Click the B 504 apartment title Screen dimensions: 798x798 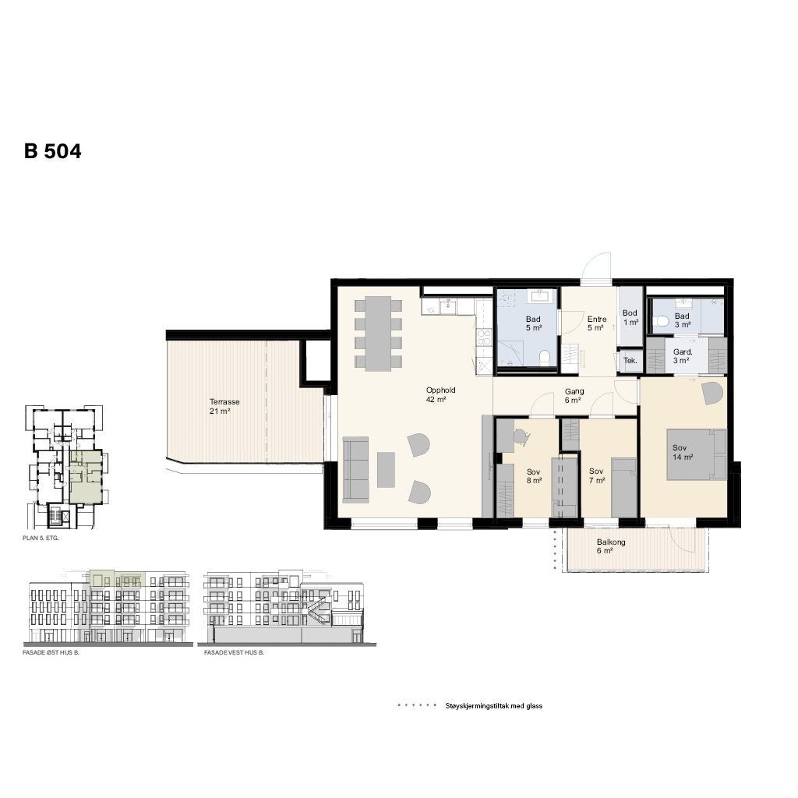pos(52,151)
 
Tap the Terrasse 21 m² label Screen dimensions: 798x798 pos(224,406)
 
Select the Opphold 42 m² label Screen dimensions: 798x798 pos(440,394)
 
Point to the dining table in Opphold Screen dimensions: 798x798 pos(379,333)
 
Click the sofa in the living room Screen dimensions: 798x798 pos(356,469)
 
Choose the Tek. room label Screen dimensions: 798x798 pos(630,361)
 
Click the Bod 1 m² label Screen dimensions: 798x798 pos(630,317)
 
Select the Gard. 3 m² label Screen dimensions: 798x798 pos(682,356)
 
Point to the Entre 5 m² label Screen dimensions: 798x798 pos(597,323)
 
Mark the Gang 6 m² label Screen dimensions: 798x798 pos(574,396)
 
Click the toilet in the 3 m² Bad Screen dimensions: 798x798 pos(663,320)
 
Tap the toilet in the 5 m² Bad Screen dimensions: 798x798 pos(546,358)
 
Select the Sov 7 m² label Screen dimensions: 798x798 pos(597,476)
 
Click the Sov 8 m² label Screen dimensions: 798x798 pos(533,476)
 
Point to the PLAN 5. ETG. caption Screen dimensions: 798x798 pos(42,538)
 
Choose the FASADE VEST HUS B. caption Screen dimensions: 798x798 pos(234,654)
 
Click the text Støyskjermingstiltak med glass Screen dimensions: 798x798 pos(493,706)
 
